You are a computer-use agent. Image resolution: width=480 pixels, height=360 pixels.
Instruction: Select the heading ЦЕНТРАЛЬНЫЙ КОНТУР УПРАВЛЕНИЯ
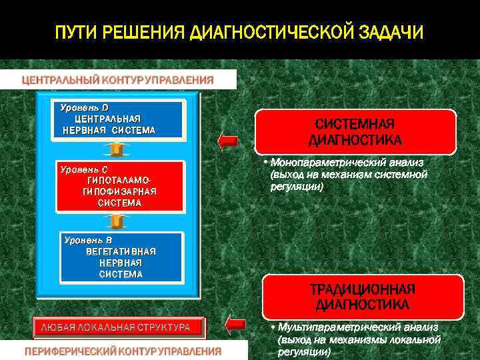[x=118, y=79]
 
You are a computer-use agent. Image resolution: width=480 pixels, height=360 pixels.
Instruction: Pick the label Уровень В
[x=87, y=239]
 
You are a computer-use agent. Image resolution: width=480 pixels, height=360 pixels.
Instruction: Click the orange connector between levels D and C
[x=117, y=147]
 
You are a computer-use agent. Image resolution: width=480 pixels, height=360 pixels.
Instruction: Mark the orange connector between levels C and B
[x=117, y=220]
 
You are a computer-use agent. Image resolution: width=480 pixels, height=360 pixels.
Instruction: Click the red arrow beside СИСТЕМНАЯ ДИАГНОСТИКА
[x=228, y=140]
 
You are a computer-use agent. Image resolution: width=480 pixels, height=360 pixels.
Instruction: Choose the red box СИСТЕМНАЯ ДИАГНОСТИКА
[x=355, y=132]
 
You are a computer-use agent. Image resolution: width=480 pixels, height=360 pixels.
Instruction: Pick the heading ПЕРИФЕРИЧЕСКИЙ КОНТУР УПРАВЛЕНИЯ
[x=123, y=351]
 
